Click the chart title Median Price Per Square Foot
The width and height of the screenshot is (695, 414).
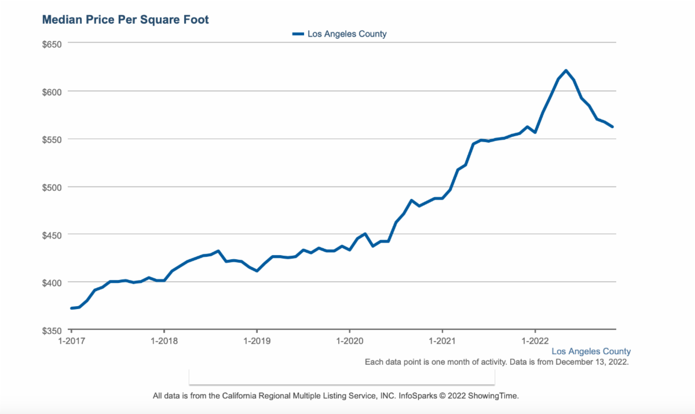click(125, 20)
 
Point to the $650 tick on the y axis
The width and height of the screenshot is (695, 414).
click(53, 43)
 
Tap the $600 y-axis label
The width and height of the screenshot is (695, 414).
click(53, 91)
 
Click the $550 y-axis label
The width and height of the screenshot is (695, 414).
click(53, 139)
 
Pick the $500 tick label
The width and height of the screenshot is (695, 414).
click(53, 187)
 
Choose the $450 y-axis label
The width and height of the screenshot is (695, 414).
click(53, 234)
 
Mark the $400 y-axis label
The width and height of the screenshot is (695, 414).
click(53, 282)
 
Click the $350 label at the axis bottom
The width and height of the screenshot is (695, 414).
click(53, 330)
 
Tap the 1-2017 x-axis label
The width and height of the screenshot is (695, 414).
click(71, 340)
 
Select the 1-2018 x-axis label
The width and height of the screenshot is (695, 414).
click(164, 340)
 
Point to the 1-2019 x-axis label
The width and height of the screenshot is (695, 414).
click(257, 340)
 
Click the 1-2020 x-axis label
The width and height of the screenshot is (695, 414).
click(349, 340)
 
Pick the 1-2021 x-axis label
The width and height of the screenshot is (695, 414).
click(442, 340)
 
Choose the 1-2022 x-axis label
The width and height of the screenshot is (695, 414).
click(535, 340)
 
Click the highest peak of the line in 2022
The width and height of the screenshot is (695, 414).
click(566, 71)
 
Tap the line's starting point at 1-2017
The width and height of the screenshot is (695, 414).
click(71, 308)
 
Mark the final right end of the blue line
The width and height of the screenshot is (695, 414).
click(612, 126)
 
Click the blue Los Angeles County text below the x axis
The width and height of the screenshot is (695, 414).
click(591, 351)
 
